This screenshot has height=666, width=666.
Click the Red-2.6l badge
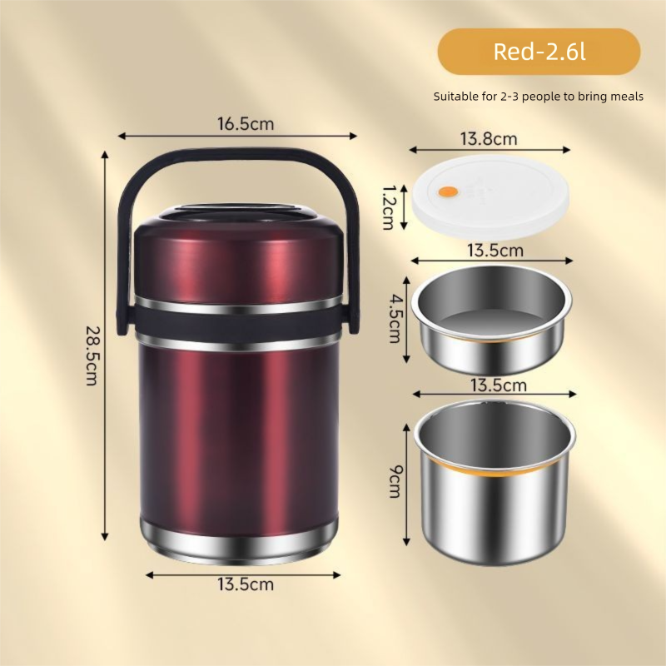click(x=539, y=52)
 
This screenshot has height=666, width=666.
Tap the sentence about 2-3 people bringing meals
click(x=539, y=97)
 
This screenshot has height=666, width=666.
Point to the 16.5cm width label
click(x=246, y=124)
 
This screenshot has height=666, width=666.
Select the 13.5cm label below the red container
click(x=246, y=584)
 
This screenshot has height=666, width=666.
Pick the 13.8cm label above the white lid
click(x=490, y=138)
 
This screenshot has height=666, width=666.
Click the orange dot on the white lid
click(x=447, y=191)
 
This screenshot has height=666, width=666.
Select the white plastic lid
click(x=490, y=196)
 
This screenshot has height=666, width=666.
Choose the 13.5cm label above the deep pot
click(x=497, y=385)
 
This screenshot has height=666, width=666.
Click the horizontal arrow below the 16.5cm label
click(x=238, y=135)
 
